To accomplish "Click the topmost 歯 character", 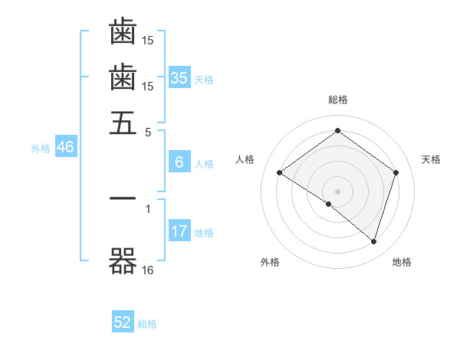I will [x=123, y=32].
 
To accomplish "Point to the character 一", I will [x=123, y=198].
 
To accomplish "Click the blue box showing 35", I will [x=179, y=78].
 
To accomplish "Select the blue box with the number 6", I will [x=179, y=162].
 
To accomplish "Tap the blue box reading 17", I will [x=179, y=231].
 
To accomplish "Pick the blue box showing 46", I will [x=65, y=148].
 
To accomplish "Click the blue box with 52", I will [x=123, y=323].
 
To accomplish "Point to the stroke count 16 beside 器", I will [x=148, y=270].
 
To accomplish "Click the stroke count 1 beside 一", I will [x=148, y=208].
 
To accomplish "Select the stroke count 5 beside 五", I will [x=148, y=131].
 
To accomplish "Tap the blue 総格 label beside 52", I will [x=148, y=324].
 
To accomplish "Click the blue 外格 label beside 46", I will [x=40, y=149].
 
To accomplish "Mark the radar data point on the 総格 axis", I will [x=337, y=131].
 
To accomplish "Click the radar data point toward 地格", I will [x=373, y=241].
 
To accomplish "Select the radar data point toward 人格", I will [x=279, y=173].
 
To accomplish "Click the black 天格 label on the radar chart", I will [x=431, y=159].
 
